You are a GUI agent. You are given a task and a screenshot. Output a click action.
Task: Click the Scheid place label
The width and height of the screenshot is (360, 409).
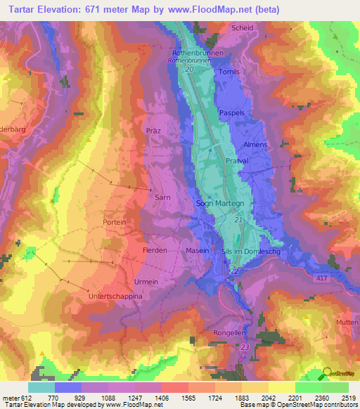click(x=241, y=27)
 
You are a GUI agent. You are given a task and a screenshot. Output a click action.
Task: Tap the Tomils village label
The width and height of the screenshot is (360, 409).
click(x=229, y=72)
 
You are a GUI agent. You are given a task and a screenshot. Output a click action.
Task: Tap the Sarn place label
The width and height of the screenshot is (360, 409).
click(x=163, y=198)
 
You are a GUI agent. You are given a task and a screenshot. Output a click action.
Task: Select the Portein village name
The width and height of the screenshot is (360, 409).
click(x=114, y=222)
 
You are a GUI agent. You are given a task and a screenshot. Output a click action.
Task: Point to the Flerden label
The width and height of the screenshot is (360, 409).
click(x=154, y=250)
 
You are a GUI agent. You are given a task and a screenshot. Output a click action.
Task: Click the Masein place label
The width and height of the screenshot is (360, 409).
click(x=198, y=250)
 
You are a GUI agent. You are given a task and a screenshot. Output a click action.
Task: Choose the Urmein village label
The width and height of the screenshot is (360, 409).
click(x=146, y=282)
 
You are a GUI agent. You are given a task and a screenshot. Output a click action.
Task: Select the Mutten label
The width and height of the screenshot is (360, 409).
click(x=347, y=321)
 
